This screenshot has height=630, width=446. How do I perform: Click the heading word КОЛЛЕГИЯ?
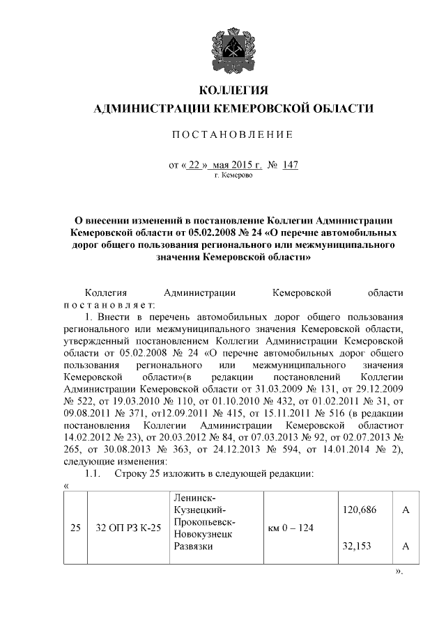pos(233,91)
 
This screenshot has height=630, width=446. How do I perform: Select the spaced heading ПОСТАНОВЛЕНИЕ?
pos(233,134)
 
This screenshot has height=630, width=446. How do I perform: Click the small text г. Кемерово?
pos(233,175)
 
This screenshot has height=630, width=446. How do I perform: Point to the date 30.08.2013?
pos(116,448)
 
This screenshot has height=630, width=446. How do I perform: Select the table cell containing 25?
pos(75,528)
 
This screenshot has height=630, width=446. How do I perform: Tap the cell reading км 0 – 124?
pos(291,528)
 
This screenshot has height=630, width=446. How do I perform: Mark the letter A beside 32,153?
pos(405,546)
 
